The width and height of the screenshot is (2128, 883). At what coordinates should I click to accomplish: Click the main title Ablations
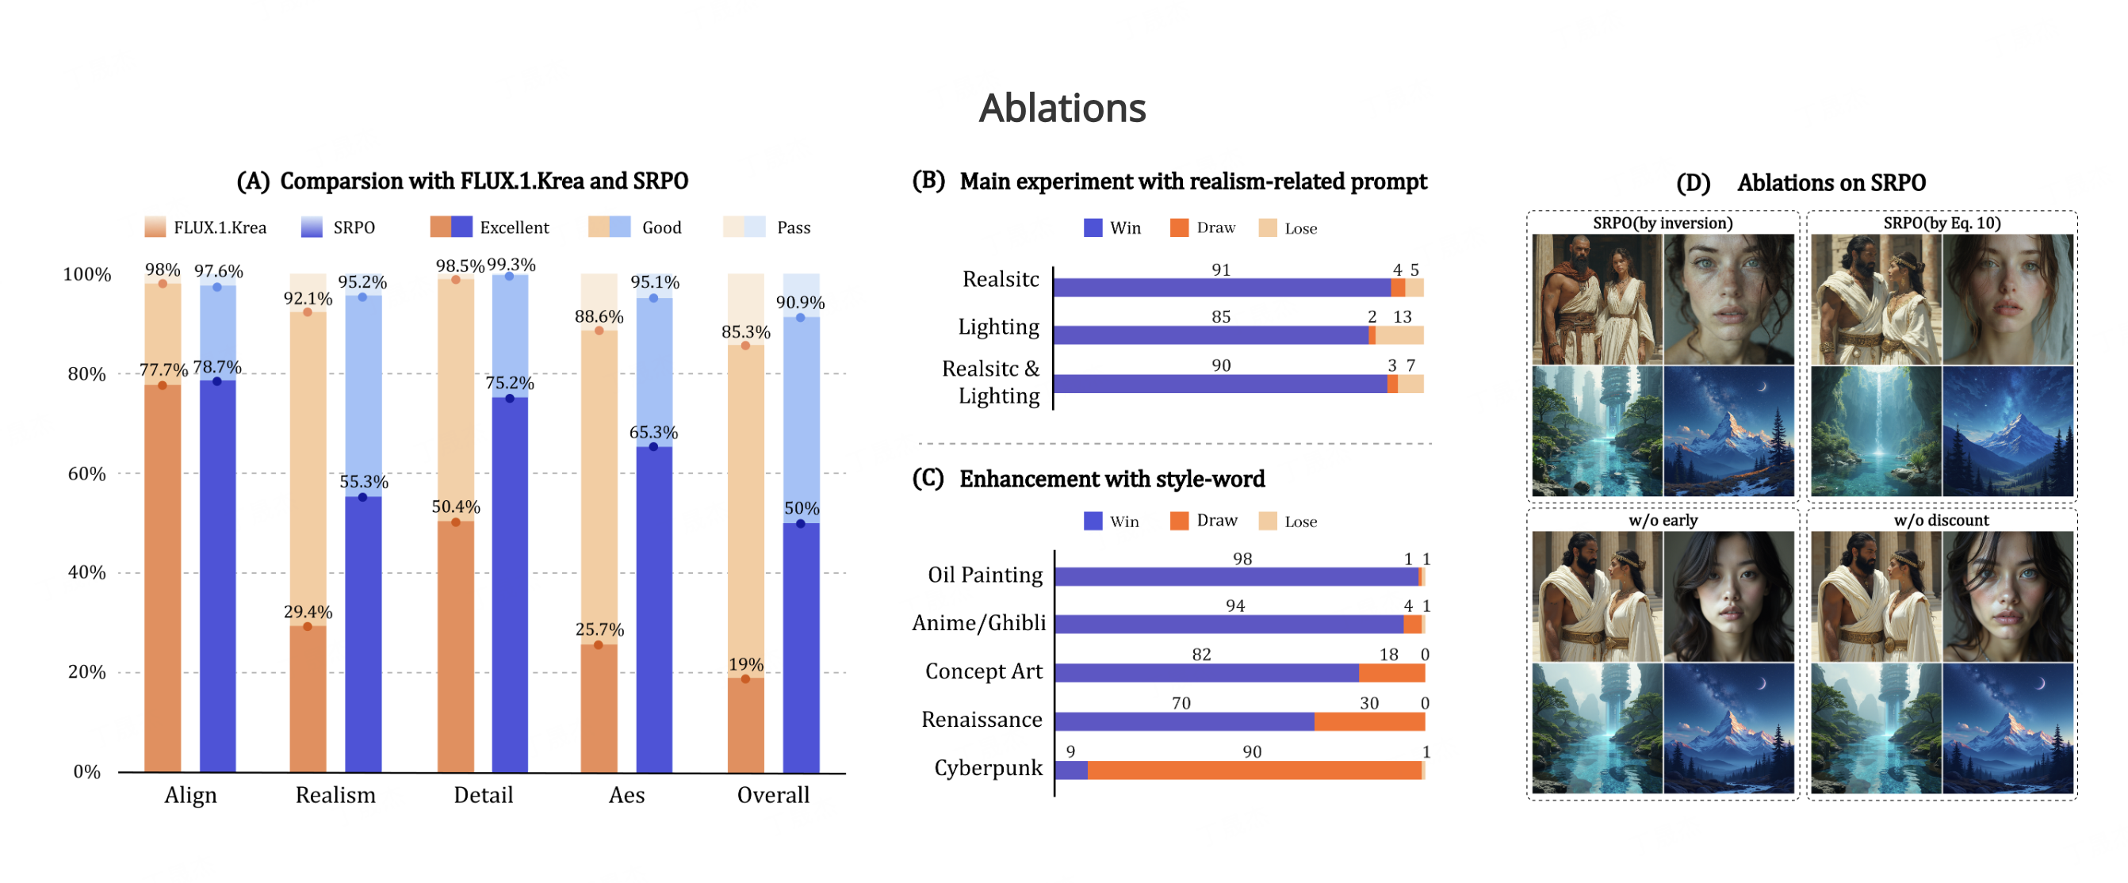(x=1062, y=109)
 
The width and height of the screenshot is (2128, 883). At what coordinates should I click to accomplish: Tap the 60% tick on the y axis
(x=86, y=473)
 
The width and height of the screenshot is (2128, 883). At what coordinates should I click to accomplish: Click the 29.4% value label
(x=308, y=611)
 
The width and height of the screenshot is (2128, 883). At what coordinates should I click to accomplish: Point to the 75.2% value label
(x=509, y=382)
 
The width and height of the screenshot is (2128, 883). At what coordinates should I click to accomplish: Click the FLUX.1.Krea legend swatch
(x=155, y=227)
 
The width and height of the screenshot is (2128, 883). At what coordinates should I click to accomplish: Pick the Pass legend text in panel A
(x=793, y=227)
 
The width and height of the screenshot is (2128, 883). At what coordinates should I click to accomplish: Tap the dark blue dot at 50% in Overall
(x=800, y=523)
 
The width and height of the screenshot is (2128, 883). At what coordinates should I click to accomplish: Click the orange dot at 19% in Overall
(x=745, y=679)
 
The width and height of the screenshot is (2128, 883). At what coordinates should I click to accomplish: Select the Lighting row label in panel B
(x=998, y=327)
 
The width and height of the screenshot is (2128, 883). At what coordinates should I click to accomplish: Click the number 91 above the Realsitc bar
(x=1221, y=269)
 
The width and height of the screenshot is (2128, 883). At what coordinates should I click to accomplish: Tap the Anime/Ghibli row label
(x=979, y=623)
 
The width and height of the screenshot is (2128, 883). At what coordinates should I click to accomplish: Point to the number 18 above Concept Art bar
(x=1388, y=654)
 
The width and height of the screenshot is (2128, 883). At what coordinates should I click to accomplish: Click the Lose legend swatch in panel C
(x=1267, y=522)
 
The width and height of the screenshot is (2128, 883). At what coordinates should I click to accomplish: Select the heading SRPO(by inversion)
(x=1662, y=223)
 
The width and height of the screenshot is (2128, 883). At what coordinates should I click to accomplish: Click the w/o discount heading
(x=1942, y=521)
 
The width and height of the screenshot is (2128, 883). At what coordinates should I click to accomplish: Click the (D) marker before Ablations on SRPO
(x=1694, y=182)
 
